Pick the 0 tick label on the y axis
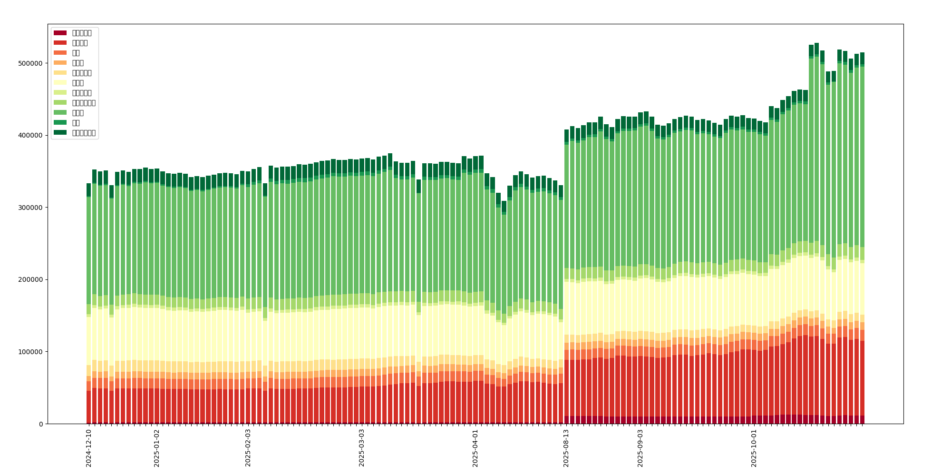[41, 424]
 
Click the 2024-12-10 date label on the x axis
[88, 448]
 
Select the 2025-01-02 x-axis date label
[157, 448]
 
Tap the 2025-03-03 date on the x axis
[362, 448]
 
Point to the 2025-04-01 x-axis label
[475, 448]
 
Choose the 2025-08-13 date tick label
[566, 448]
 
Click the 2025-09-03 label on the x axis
[640, 448]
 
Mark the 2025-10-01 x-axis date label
[754, 448]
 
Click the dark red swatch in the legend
[60, 33]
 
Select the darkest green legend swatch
[60, 133]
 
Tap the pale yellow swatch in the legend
[60, 83]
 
